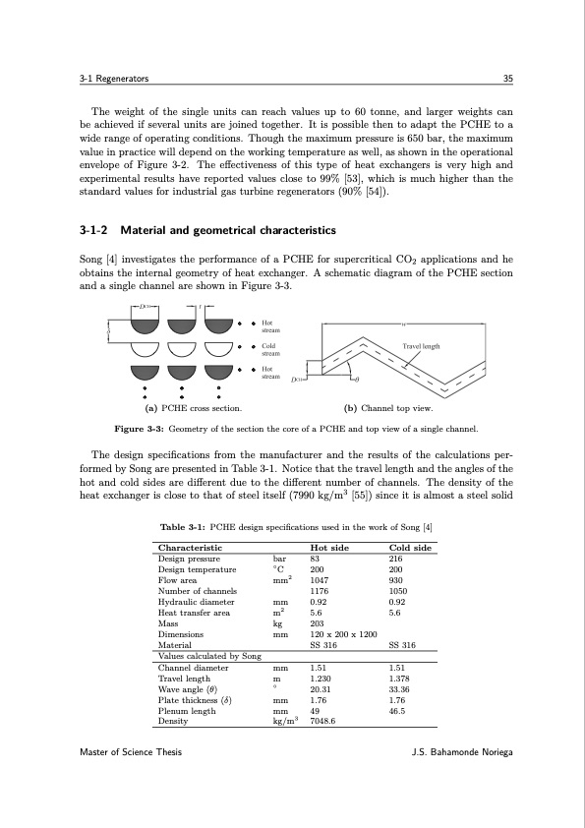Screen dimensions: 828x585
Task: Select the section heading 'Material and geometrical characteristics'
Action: pos(227,231)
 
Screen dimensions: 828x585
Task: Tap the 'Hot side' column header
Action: pos(331,547)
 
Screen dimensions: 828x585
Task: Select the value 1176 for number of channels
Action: pos(320,591)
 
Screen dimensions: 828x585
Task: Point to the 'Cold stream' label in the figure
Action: pos(271,349)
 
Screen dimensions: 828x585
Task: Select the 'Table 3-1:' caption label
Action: pos(182,528)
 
